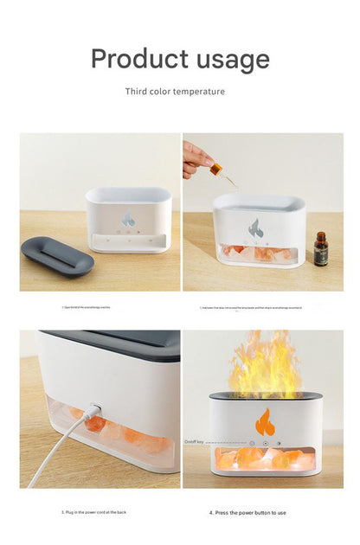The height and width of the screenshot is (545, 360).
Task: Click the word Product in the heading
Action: (138, 59)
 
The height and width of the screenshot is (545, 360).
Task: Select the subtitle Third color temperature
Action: (175, 91)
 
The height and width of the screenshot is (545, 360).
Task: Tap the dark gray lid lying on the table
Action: (57, 256)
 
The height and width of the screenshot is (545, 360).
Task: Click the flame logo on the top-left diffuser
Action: (128, 220)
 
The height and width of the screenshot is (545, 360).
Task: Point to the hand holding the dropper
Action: (196, 158)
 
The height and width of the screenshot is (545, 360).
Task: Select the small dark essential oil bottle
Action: (321, 249)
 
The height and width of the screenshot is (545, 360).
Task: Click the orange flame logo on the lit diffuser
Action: (265, 422)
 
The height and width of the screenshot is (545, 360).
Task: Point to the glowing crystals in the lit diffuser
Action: (255, 458)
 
